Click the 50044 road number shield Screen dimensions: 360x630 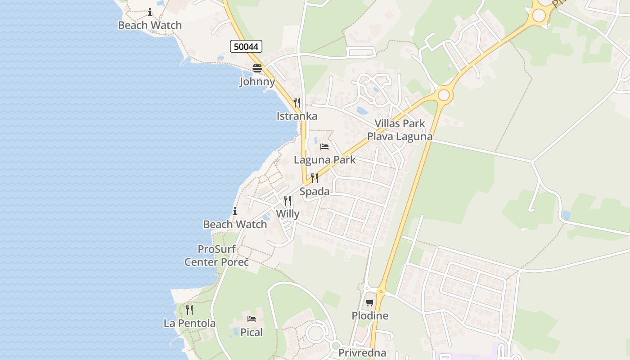coord(246,46)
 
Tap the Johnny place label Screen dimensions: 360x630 coord(257,81)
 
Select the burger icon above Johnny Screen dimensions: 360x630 coord(257,68)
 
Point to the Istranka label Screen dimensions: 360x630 coord(297,116)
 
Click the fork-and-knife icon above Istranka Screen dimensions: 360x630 coord(297,103)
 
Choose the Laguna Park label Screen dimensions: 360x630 coord(324,160)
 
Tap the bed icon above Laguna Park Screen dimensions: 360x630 coord(324,147)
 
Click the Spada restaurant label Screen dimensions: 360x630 coord(315,192)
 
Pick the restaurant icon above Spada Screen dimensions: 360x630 coord(315,178)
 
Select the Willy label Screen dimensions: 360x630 coord(288,214)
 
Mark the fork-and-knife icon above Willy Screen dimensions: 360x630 coord(288,201)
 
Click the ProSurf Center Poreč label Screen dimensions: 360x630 coord(216,255)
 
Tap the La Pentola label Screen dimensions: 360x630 coord(189,323)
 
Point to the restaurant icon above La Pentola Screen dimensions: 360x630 coord(189,310)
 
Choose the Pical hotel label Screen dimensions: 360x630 coord(252,333)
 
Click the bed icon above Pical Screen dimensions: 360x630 coord(252,319)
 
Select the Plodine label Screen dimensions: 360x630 coord(370,316)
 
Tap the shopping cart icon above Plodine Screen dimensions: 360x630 coord(370,303)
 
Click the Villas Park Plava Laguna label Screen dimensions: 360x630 coord(400,130)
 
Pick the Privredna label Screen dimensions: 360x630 coord(362,353)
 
